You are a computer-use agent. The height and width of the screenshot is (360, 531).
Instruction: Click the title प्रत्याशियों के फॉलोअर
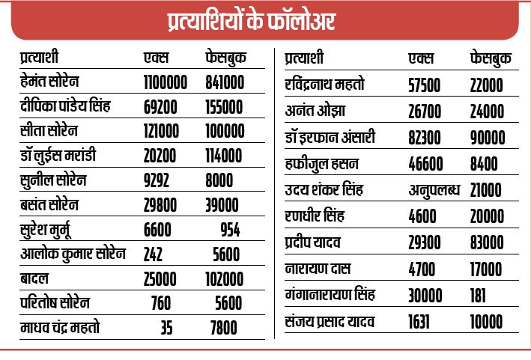[x=252, y=21]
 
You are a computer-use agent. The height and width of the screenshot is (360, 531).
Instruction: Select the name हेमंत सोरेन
[x=49, y=81]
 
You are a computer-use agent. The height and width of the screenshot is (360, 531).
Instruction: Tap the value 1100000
[x=166, y=82]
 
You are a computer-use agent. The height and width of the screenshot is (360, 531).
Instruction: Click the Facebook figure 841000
[x=225, y=82]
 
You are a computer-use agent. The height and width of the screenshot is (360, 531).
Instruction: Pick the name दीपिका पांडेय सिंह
[x=65, y=106]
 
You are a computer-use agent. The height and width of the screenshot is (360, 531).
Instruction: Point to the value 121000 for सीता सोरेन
[x=161, y=131]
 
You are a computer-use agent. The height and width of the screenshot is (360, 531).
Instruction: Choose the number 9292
[x=156, y=180]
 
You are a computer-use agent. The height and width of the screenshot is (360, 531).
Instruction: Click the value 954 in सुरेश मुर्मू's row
[x=230, y=230]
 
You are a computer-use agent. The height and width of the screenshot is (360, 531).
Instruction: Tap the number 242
[x=153, y=254]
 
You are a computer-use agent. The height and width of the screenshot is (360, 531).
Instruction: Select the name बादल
[x=34, y=278]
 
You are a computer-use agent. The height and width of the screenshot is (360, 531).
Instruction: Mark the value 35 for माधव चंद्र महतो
[x=166, y=328]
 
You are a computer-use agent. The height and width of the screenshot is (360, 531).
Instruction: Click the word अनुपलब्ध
[x=434, y=190]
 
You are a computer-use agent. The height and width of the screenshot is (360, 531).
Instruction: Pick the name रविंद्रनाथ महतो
[x=324, y=85]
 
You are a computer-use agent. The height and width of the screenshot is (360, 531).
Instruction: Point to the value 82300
[x=425, y=138]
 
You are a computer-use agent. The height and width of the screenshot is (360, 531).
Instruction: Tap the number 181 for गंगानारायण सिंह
[x=478, y=296]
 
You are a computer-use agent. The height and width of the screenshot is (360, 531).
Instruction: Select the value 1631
[x=419, y=321]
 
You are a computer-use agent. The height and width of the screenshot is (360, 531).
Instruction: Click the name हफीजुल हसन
[x=321, y=164]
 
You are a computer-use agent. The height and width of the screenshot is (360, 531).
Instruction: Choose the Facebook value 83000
[x=487, y=242]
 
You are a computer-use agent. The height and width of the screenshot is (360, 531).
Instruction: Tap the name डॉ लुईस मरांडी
[x=58, y=156]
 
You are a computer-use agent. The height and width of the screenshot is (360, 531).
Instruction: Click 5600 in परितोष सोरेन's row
[x=228, y=303]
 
